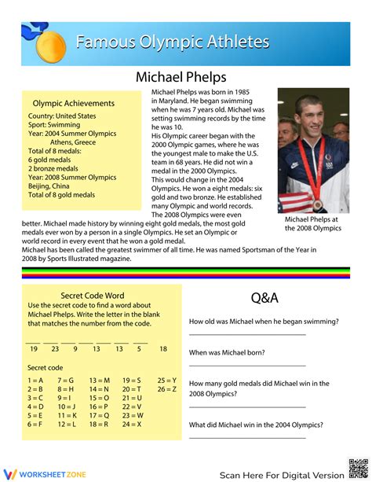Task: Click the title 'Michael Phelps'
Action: coord(181,77)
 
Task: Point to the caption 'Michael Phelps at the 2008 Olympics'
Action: coord(312,223)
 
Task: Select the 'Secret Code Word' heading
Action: coord(92,296)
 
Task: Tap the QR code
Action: coord(357,468)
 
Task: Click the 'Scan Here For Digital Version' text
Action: coord(281,475)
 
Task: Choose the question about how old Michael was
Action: coord(264,321)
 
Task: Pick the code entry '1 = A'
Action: coord(35,380)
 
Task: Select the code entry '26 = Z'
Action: coord(167,389)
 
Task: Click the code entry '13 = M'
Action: coord(100,380)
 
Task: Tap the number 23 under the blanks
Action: coord(55,348)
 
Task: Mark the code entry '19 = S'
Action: coord(132,380)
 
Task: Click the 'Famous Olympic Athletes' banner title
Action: coord(173,42)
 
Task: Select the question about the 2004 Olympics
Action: coord(256,425)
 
